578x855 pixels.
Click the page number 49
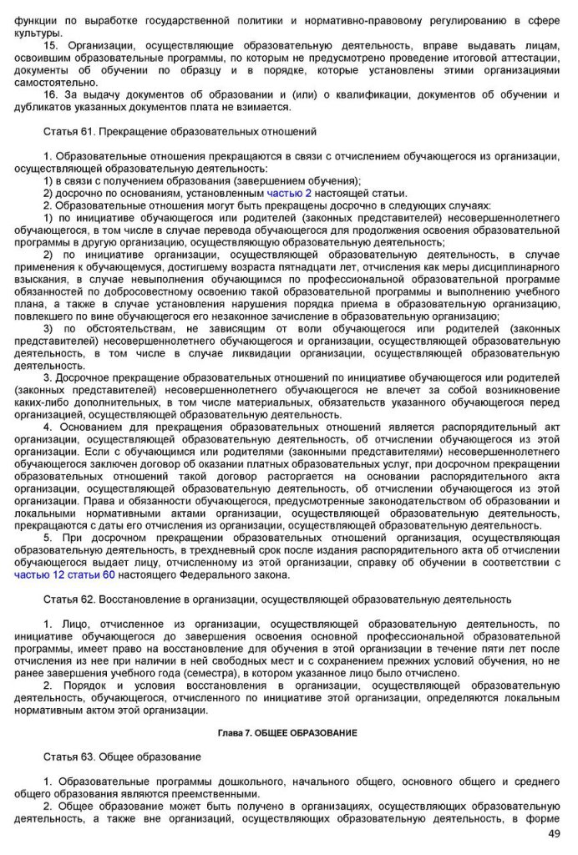point(554,834)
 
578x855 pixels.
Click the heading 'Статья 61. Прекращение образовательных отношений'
point(180,132)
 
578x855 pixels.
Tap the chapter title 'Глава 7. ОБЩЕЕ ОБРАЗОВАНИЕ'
point(286,732)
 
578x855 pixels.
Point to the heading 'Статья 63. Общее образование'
point(122,756)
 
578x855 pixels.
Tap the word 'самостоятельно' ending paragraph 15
point(55,82)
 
